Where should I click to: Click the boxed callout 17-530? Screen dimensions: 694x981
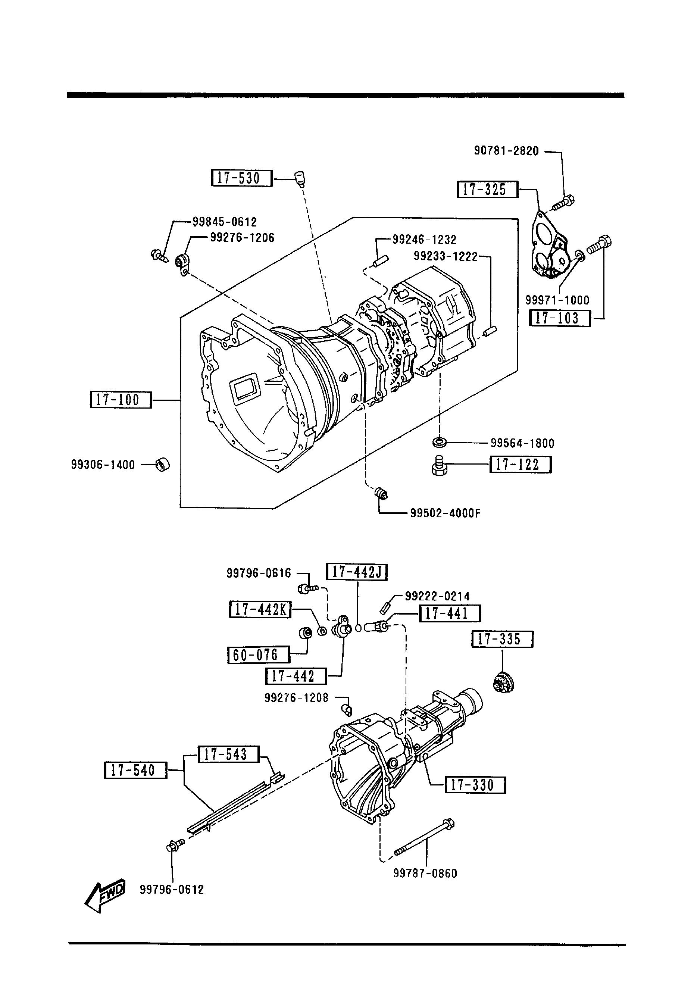pos(242,178)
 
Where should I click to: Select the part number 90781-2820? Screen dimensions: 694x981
pos(506,151)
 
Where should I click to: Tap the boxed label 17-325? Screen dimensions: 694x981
pos(488,189)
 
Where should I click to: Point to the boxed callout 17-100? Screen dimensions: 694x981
pos(121,400)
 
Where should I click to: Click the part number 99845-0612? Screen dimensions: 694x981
pos(225,222)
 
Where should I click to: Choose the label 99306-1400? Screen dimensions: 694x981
pos(103,465)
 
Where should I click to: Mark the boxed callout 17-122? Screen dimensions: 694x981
pos(520,465)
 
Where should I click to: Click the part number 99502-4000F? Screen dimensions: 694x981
pos(445,513)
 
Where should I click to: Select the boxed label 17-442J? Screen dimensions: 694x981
pos(357,572)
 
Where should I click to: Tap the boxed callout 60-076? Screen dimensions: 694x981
pos(259,654)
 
